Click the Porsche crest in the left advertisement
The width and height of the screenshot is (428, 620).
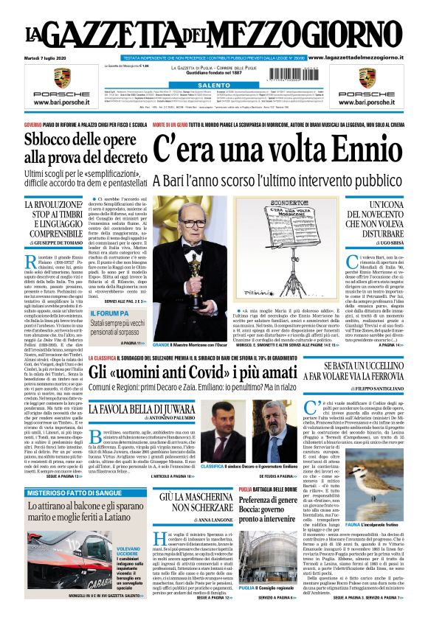click(63, 77)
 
